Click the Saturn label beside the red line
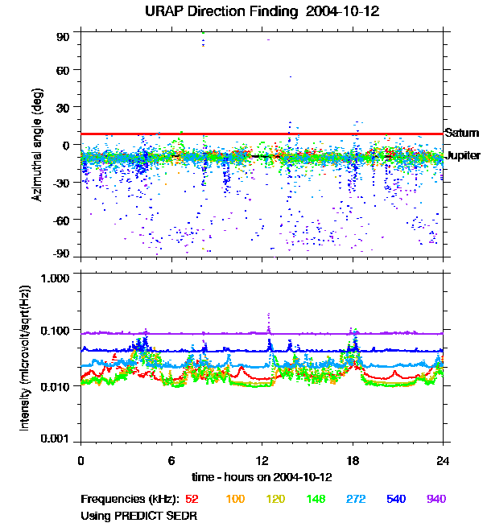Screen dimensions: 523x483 click(x=461, y=133)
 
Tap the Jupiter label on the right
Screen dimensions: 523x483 click(x=463, y=155)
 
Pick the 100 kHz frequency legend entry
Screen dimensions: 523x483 click(x=234, y=499)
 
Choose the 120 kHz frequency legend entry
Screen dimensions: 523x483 click(x=275, y=499)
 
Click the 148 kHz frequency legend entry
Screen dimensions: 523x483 click(x=315, y=499)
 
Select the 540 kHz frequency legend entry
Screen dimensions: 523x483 click(x=395, y=499)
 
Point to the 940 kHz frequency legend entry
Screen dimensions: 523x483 click(x=436, y=499)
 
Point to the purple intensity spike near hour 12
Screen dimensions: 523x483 click(x=268, y=322)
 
